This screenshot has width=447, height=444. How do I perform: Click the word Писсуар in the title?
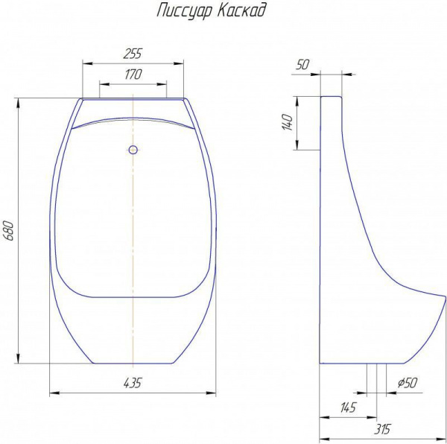click(x=184, y=11)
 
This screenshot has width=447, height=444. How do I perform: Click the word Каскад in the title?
click(x=241, y=10)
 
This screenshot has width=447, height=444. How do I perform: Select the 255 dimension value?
click(x=133, y=54)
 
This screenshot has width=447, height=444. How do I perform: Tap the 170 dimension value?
click(x=133, y=74)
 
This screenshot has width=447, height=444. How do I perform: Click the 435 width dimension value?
click(x=133, y=383)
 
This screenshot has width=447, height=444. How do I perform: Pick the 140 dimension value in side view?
click(x=288, y=122)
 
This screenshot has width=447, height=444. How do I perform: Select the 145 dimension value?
click(x=348, y=407)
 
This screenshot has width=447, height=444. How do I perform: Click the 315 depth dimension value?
click(x=382, y=429)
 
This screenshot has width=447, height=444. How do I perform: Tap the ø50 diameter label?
click(x=408, y=383)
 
